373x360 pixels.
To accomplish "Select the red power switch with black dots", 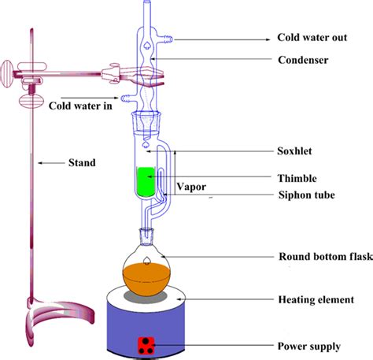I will pos(146,344).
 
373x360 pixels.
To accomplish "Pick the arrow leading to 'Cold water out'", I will pos(220,37).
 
